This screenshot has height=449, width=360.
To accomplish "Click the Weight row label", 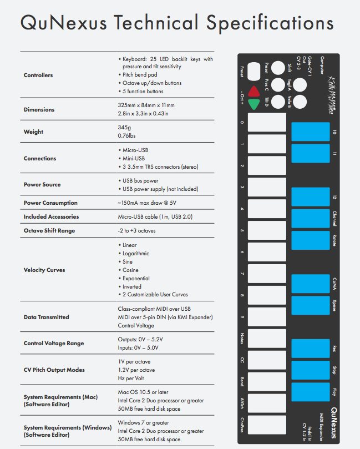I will tap(33, 132).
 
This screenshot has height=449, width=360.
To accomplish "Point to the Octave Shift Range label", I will tap(49, 230).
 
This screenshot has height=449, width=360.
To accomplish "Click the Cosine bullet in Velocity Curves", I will tap(131, 270).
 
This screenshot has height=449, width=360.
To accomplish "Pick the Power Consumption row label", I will tap(50, 203).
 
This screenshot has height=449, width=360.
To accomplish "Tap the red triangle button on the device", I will tap(254, 92).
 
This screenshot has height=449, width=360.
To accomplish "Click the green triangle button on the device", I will tap(254, 104).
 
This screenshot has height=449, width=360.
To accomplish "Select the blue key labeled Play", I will tap(311, 392).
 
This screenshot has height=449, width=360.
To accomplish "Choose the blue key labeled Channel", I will tap(311, 218).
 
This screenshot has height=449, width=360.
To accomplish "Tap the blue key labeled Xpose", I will tap(311, 305).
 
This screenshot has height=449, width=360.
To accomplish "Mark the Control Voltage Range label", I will tap(54, 343).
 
